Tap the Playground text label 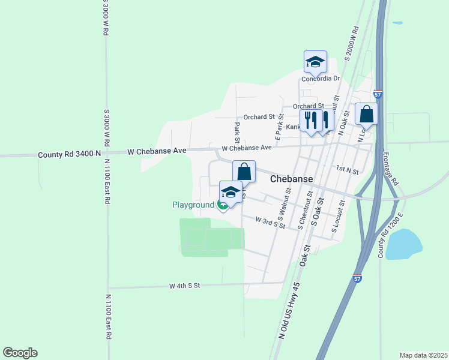point(193,205)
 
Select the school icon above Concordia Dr point(315,62)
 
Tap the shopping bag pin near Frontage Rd point(366,114)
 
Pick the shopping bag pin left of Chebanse point(244,172)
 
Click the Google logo point(20,353)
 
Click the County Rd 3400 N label point(69,154)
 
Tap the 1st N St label point(347,172)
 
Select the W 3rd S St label point(270,223)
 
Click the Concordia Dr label point(321,79)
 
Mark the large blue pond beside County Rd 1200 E point(403,244)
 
